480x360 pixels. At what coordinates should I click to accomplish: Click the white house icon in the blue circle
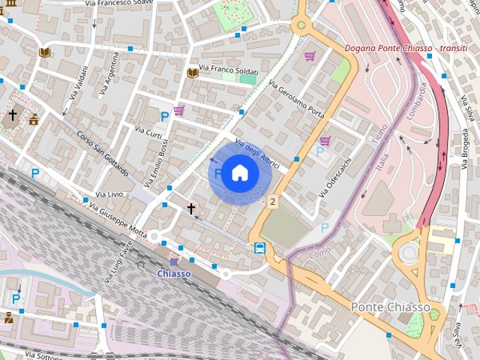pos(239,172)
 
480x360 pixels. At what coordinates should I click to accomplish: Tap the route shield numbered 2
pos(272,201)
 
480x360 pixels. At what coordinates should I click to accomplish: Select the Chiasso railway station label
pos(173,274)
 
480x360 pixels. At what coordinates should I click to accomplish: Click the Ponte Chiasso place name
pos(390,307)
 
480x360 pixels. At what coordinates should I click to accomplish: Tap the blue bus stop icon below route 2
pos(259,248)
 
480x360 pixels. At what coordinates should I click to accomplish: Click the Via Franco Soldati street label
pos(227,69)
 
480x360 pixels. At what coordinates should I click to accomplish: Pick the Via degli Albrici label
pos(257,153)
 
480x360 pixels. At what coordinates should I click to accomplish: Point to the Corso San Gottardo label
pos(102,154)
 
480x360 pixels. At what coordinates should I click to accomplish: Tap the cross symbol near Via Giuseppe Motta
pos(191,208)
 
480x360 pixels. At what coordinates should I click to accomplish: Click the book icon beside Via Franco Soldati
pos(193,73)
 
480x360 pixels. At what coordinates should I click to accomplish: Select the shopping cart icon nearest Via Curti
pos(178,110)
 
